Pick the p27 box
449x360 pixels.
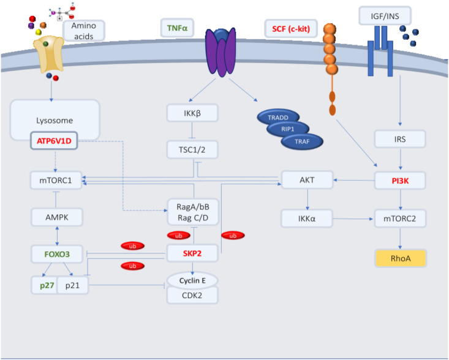(43, 285)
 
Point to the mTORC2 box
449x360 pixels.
(400, 217)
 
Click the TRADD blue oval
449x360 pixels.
(279, 117)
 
